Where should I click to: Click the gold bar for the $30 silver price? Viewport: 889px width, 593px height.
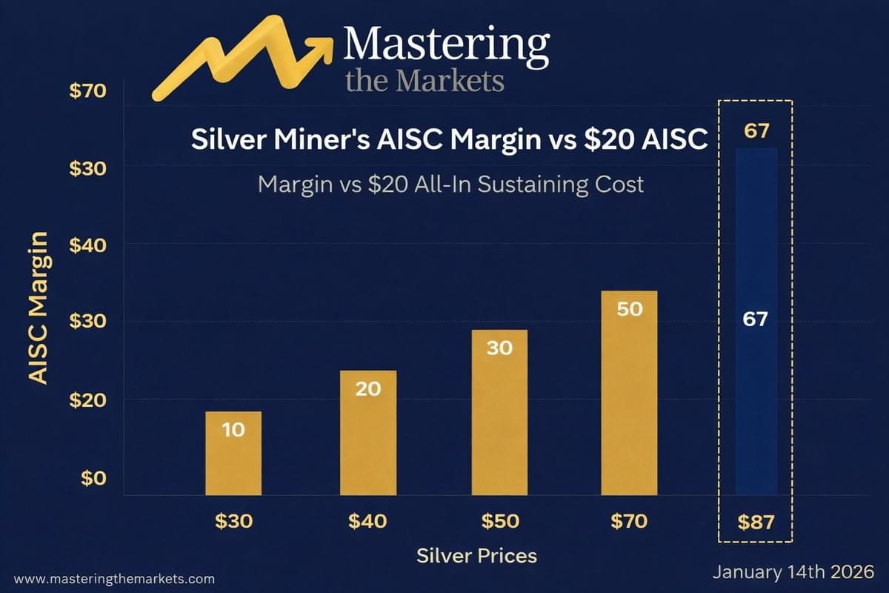[x=233, y=453]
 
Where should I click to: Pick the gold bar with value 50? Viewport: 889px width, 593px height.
[x=629, y=393]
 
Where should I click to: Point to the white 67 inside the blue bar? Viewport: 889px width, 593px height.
[x=755, y=319]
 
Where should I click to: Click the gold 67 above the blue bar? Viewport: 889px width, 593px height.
[x=755, y=132]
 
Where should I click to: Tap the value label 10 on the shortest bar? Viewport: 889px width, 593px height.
[x=233, y=429]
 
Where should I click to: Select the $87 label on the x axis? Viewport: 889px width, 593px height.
[x=756, y=522]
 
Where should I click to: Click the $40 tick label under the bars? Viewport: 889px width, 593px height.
[x=367, y=521]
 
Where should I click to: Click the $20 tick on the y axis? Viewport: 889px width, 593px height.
[x=89, y=400]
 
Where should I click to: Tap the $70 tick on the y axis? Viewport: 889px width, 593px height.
[x=89, y=92]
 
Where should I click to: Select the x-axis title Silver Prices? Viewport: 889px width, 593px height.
[x=476, y=555]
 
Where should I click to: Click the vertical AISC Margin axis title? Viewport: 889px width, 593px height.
[x=39, y=307]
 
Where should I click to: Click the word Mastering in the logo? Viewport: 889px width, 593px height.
[x=446, y=44]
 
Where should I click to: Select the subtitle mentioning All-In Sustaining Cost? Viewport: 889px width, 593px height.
[x=450, y=184]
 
